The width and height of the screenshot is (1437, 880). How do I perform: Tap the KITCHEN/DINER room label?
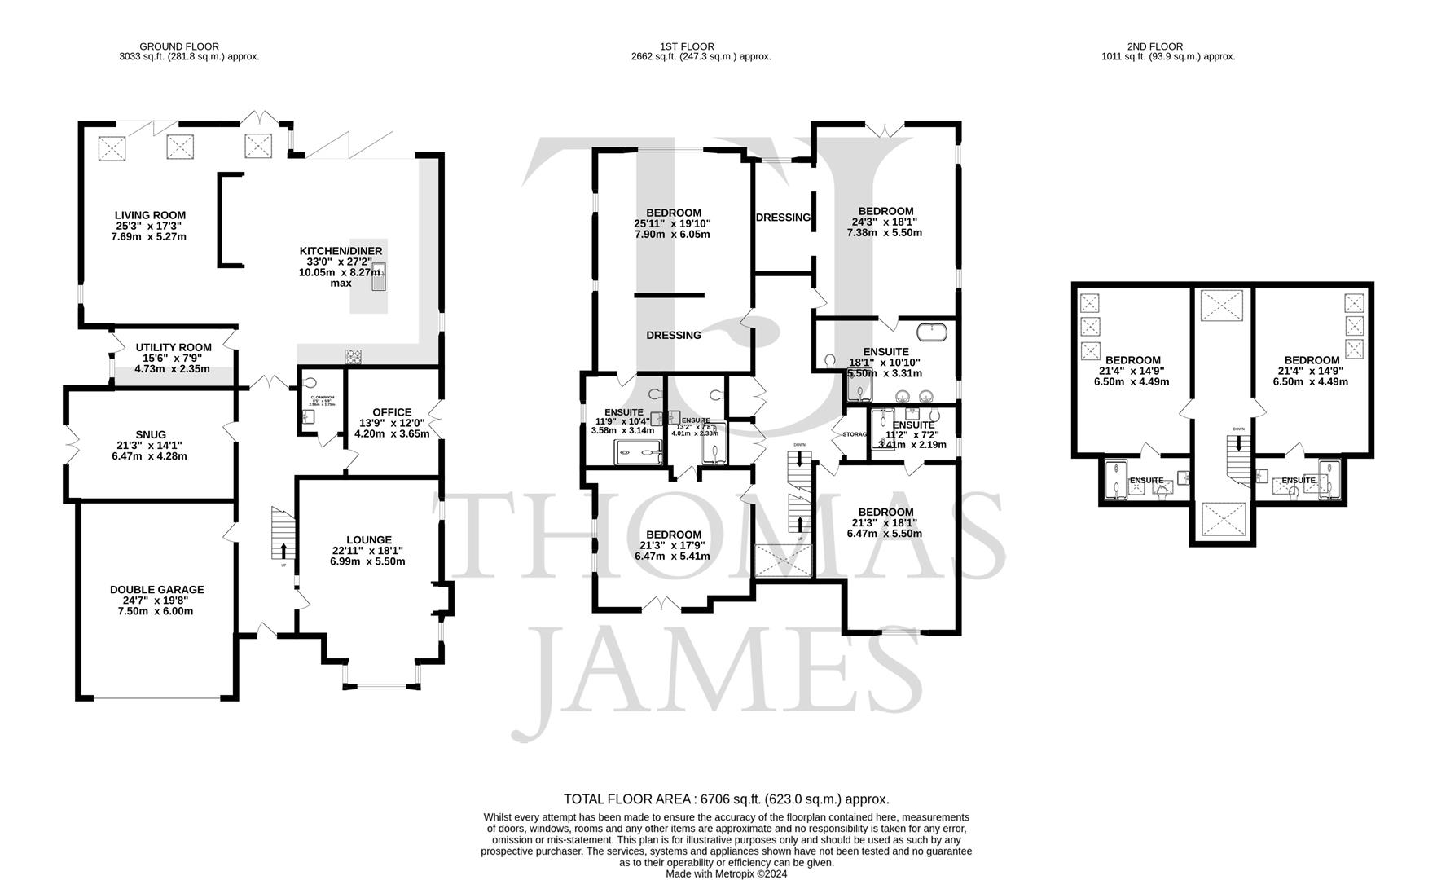(341, 251)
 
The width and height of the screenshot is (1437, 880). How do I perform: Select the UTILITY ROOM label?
(174, 348)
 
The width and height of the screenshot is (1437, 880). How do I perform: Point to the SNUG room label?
(152, 435)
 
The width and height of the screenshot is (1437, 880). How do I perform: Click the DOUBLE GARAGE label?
(157, 590)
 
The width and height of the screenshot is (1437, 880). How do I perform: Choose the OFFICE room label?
(392, 412)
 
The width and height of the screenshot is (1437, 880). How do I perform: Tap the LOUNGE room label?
(369, 540)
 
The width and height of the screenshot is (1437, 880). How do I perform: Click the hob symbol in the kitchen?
(355, 356)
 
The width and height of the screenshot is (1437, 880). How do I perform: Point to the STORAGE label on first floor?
(855, 434)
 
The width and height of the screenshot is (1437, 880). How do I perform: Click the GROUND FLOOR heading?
(179, 46)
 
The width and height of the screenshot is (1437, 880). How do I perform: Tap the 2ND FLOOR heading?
(1155, 46)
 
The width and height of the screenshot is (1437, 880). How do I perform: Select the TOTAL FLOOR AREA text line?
(726, 799)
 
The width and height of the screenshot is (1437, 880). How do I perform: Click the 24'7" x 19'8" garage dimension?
(157, 601)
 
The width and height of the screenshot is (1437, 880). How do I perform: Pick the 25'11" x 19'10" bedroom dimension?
(673, 224)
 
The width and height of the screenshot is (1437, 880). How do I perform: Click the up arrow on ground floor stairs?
(283, 550)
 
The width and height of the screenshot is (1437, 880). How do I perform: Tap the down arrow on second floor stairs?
(1239, 443)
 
